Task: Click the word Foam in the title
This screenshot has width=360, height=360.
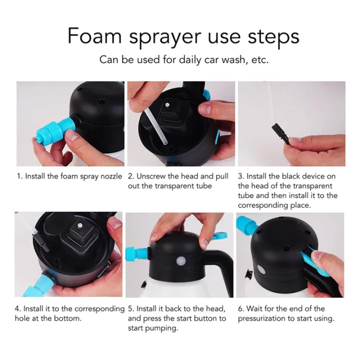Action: coord(94,36)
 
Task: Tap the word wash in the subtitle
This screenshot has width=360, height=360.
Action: coord(234,59)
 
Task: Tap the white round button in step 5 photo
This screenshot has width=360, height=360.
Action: coord(180,261)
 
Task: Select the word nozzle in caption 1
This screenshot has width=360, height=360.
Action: coord(111,176)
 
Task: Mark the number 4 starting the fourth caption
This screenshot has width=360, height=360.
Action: coord(17,309)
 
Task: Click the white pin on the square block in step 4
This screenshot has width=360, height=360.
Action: coord(80,225)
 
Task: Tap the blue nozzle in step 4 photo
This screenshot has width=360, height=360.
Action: coord(38,284)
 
